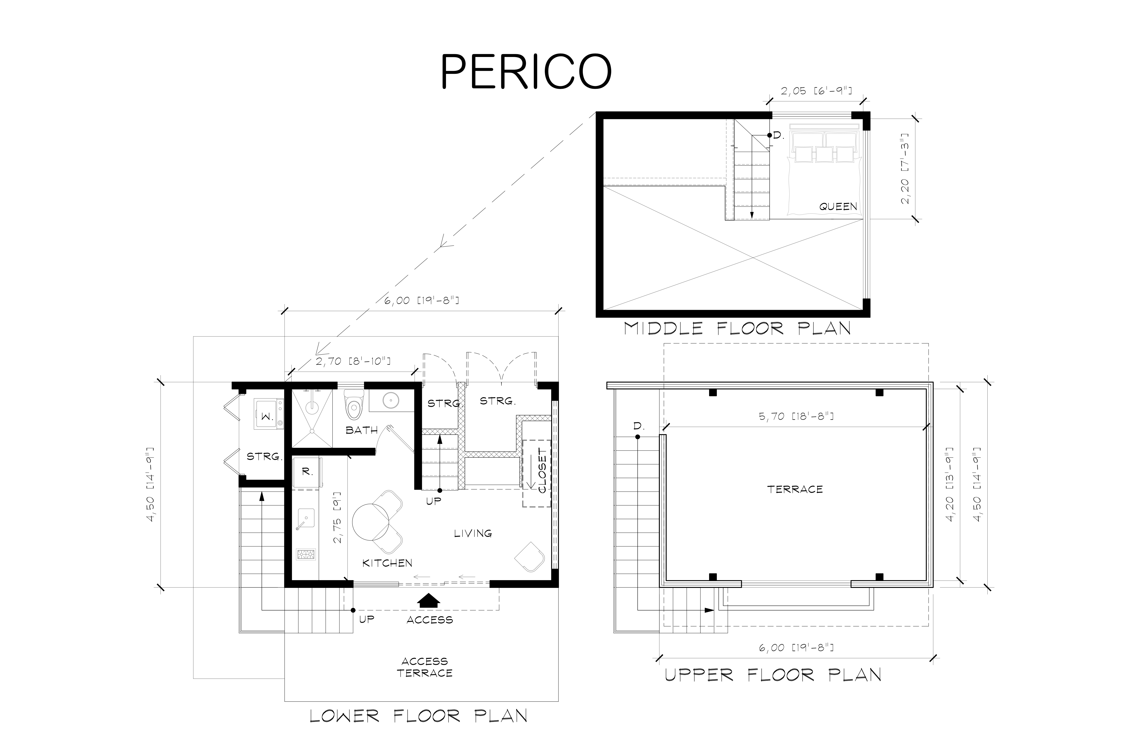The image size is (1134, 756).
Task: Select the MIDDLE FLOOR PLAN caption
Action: pyautogui.click(x=737, y=328)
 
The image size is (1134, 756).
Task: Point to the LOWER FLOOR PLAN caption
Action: pyautogui.click(x=418, y=716)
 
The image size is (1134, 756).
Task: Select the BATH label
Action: pyautogui.click(x=362, y=430)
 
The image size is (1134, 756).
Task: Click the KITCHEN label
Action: pyautogui.click(x=387, y=563)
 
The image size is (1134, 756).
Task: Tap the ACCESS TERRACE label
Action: pyautogui.click(x=425, y=667)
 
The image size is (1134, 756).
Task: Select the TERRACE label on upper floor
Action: pyautogui.click(x=795, y=489)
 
